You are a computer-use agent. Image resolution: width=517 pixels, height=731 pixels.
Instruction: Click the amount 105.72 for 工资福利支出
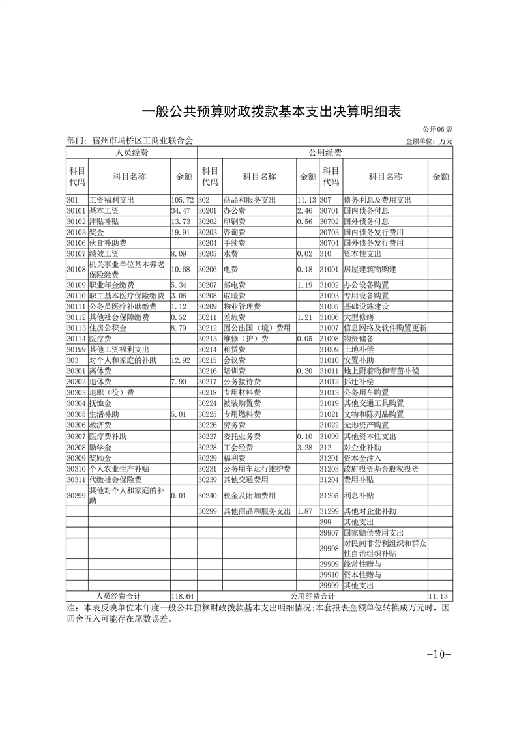182,200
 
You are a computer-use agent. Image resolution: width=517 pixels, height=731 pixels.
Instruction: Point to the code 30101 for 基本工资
76,211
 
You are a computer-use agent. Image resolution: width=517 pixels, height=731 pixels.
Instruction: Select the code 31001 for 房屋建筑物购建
330,269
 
